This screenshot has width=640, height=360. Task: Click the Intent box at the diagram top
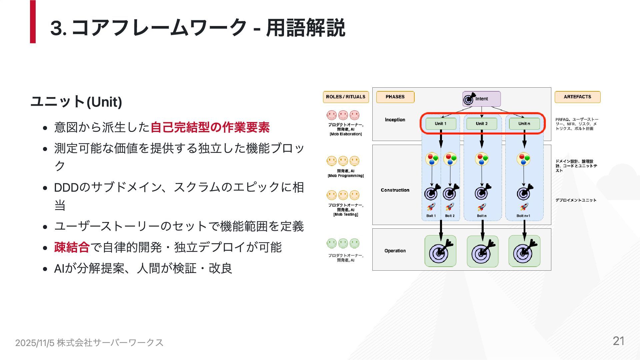481,99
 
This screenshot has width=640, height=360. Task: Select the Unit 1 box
441,124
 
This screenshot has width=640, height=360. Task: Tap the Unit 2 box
482,124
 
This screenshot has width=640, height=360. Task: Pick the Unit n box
524,124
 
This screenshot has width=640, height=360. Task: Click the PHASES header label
395,97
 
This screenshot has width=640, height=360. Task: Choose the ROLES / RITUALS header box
346,97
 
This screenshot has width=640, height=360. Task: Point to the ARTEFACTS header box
577,97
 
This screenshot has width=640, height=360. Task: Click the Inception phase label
395,120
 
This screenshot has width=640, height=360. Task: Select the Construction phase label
395,190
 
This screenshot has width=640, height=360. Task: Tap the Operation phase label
395,251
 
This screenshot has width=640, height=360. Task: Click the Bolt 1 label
431,216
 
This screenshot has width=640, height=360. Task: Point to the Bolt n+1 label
523,216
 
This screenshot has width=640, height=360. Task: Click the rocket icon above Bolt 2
450,207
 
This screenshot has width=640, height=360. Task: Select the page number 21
618,341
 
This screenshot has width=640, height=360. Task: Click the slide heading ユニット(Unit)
76,102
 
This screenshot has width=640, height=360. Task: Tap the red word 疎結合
72,247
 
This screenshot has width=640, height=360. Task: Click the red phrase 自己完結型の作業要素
210,127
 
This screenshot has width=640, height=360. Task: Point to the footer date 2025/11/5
35,343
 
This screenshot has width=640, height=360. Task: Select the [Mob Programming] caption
346,176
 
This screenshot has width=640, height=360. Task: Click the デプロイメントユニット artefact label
576,200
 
